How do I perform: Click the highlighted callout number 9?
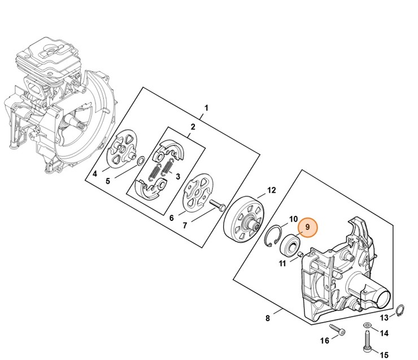[308, 228]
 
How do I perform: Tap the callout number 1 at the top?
[207, 107]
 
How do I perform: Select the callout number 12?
[271, 190]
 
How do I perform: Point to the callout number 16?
[324, 340]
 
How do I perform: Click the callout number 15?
[384, 354]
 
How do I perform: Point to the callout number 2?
[193, 127]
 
